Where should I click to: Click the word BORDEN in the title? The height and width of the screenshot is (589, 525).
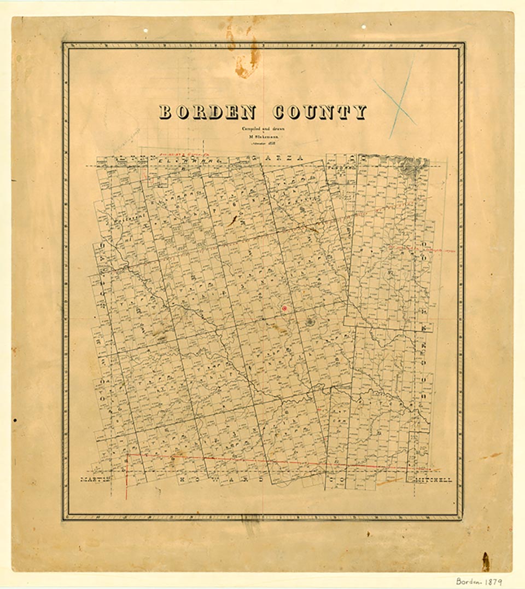pyautogui.click(x=207, y=112)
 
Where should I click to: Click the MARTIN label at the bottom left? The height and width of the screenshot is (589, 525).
pyautogui.click(x=95, y=480)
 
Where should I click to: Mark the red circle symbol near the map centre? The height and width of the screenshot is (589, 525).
pyautogui.click(x=284, y=309)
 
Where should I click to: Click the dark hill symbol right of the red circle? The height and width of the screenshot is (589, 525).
pyautogui.click(x=310, y=322)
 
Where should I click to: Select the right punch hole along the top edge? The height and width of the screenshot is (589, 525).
pyautogui.click(x=364, y=26)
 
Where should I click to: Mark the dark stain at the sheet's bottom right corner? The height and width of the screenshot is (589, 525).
pyautogui.click(x=485, y=561)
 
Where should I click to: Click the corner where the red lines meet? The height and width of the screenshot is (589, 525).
pyautogui.click(x=127, y=454)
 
